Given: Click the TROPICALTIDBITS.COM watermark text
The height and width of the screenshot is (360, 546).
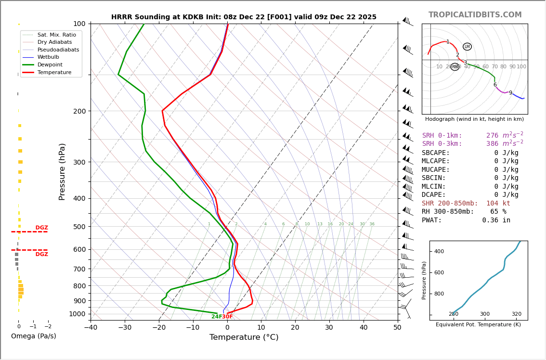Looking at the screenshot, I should (475, 15).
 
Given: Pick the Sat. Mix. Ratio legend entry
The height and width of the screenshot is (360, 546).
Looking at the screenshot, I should (56, 35).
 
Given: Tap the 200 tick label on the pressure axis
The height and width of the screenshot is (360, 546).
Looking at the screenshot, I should (79, 111).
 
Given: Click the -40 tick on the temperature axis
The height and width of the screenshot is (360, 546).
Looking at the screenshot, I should (91, 328).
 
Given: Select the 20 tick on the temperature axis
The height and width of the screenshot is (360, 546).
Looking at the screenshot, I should (295, 328).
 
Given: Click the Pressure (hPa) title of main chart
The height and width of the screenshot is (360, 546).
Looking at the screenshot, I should (62, 171).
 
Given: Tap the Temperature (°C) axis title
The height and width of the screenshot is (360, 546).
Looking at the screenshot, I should (244, 337).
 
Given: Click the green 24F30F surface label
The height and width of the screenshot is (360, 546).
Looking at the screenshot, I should (222, 317).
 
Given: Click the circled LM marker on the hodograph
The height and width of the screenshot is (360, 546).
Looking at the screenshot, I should (467, 47).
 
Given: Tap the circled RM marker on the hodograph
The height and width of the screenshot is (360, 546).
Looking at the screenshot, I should (455, 67).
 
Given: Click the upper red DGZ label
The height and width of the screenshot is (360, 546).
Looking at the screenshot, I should (41, 228).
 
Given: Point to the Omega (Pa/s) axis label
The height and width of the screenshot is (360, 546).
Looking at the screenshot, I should (33, 336).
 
